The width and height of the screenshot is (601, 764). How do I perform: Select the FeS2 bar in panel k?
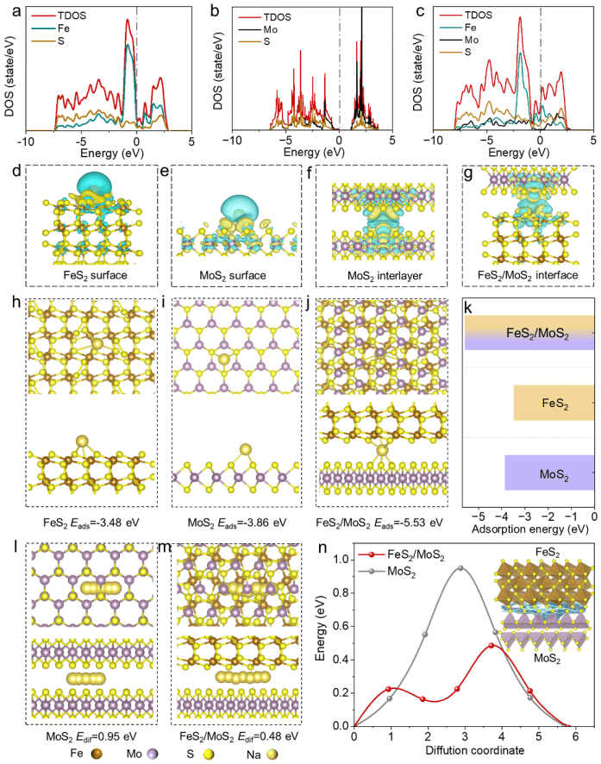coord(553,403)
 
